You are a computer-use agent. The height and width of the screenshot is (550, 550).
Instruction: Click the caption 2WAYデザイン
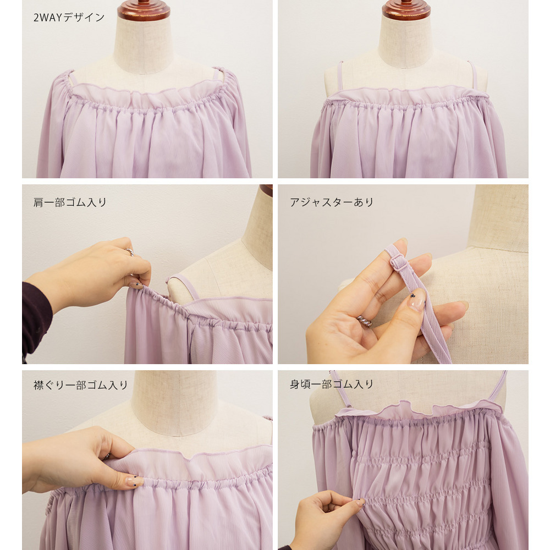(69, 18)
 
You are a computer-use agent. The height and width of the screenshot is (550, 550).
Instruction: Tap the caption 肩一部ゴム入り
(70, 202)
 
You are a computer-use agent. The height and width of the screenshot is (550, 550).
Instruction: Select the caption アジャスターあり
(332, 202)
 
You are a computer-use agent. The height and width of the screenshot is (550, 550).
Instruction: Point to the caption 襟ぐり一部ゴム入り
(81, 385)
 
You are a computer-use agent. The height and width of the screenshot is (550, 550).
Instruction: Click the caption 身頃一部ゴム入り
(332, 384)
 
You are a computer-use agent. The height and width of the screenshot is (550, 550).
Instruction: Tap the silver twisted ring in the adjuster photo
(364, 321)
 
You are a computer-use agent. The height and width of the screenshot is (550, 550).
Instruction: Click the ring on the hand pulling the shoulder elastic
(129, 251)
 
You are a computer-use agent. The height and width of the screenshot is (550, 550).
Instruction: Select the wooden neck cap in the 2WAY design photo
(144, 10)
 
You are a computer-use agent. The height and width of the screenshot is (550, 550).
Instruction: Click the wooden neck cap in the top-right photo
(406, 9)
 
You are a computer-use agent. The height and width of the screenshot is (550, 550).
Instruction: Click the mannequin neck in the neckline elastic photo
(174, 402)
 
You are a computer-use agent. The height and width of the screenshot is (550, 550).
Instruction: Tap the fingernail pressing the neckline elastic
(135, 481)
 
